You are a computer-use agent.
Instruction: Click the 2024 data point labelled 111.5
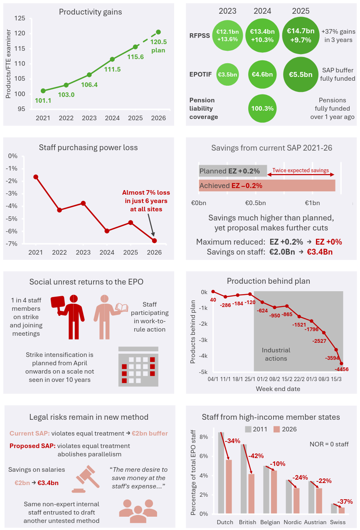coord(112,59)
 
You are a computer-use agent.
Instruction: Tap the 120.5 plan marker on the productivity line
coord(158,32)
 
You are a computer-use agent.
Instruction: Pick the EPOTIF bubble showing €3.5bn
coord(228,74)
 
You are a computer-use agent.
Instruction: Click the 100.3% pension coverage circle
coord(262,108)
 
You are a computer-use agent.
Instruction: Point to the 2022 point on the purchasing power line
coord(59,210)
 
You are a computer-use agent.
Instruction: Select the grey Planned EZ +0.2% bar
coord(233,171)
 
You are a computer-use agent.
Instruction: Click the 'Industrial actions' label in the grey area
coord(276,354)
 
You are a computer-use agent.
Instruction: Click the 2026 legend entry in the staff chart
coord(285,429)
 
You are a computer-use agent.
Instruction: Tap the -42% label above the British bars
coord(255,456)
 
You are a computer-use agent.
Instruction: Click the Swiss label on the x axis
coord(338,522)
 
